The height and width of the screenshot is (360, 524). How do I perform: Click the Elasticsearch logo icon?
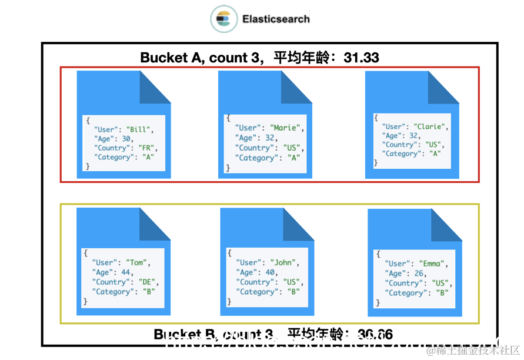coord(224,19)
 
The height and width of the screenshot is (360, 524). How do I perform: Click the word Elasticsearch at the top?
coord(276,19)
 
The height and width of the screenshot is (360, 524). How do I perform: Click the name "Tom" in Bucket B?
coord(136,262)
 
